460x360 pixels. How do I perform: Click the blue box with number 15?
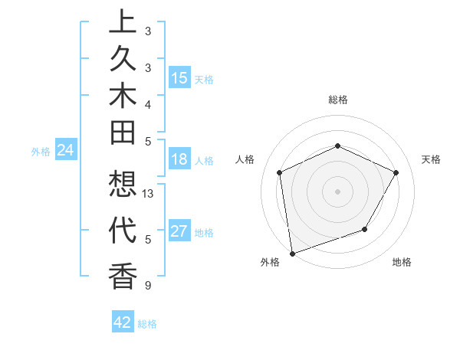(179, 78)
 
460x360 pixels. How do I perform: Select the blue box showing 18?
(179, 159)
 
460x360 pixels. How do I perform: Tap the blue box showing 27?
(179, 231)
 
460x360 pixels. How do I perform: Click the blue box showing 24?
(66, 151)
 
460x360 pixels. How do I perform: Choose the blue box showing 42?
(123, 322)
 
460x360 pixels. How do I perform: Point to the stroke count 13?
(149, 194)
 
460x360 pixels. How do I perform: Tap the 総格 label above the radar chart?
(337, 100)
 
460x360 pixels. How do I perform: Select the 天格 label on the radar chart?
(431, 159)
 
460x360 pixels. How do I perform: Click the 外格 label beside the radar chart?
(270, 262)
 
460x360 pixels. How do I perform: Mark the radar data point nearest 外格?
(292, 253)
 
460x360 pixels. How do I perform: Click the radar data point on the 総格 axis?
(337, 146)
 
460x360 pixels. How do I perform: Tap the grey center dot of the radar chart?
(337, 191)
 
